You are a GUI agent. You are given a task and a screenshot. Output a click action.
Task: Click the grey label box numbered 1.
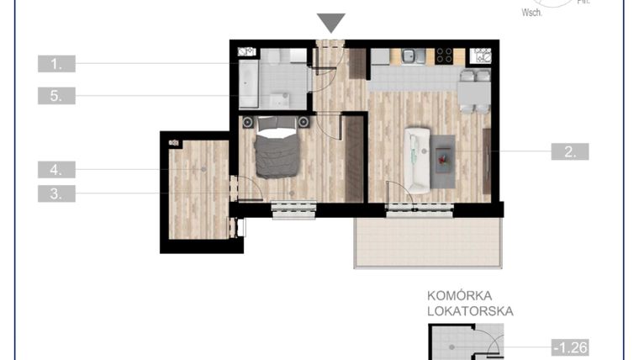point(56,63)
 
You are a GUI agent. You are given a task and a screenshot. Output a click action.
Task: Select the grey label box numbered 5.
point(56,96)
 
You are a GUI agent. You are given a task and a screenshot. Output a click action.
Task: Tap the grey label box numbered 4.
point(56,169)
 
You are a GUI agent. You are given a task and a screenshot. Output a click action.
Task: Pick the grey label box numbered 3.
point(56,193)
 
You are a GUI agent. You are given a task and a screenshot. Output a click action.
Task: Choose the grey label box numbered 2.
point(569,151)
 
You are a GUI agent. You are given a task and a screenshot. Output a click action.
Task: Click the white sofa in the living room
point(418,158)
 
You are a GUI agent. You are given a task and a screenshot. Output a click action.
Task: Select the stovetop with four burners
point(443,56)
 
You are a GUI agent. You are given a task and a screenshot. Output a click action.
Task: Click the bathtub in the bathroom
point(247,87)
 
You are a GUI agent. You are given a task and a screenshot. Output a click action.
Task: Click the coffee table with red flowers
point(443,160)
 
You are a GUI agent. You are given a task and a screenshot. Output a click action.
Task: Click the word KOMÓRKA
point(460,295)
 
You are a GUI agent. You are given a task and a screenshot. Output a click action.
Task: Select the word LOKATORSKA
point(470,311)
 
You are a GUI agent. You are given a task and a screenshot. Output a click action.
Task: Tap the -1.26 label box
point(569,347)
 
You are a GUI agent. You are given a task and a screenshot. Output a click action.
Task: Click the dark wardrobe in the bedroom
point(354,159)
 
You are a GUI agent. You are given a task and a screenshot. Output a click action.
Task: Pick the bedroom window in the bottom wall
point(293,210)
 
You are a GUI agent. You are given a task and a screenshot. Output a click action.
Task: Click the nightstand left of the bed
point(248,123)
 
